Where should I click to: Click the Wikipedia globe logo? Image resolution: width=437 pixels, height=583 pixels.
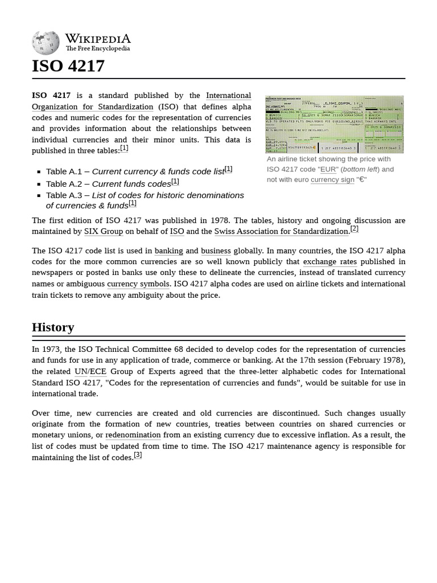click(x=46, y=43)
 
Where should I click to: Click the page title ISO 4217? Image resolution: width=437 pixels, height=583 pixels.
click(x=68, y=66)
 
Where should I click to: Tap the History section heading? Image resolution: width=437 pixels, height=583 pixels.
click(x=53, y=327)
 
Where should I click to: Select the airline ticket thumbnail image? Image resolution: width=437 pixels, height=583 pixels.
click(x=334, y=124)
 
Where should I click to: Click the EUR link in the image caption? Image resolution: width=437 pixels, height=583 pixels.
click(x=328, y=169)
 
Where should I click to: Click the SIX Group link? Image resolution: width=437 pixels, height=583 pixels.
click(x=104, y=232)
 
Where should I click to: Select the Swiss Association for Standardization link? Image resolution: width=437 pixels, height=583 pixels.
click(x=281, y=232)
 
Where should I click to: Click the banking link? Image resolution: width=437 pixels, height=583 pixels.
click(x=169, y=251)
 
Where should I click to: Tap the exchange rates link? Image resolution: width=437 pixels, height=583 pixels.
click(x=329, y=262)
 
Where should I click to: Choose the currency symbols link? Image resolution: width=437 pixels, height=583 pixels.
click(x=138, y=284)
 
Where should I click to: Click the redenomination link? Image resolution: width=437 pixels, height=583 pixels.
click(x=133, y=435)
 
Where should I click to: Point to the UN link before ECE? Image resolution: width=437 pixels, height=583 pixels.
click(x=80, y=372)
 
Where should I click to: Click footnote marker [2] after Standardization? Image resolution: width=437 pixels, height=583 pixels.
click(x=354, y=229)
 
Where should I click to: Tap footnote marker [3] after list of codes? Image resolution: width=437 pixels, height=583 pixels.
click(x=138, y=455)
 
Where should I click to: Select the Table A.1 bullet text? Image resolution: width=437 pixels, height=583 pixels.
click(x=135, y=171)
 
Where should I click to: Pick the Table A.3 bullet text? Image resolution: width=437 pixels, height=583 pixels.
click(x=145, y=200)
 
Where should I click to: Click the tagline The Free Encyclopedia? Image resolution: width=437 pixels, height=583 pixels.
click(x=97, y=49)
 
